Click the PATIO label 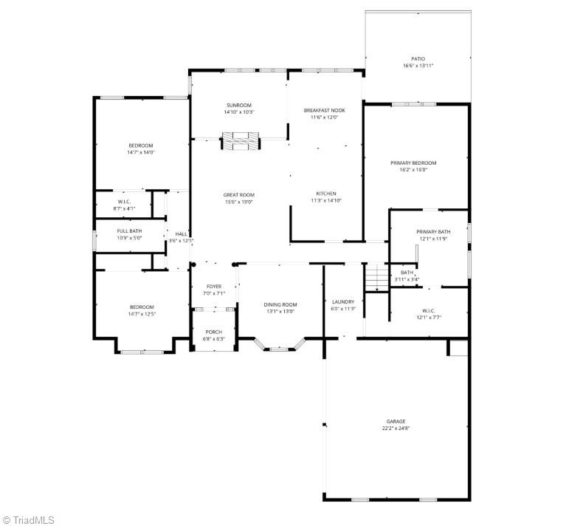point(418,58)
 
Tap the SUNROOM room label point(238,105)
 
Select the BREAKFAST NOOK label point(324,110)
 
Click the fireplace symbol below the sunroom point(241,140)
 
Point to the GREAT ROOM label point(238,195)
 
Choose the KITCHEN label point(326,194)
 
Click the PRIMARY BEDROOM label point(413,163)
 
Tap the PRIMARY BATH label point(432,231)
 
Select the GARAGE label point(396,421)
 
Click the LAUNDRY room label point(343,301)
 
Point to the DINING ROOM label point(280,304)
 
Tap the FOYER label point(214,286)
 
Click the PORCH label point(213,332)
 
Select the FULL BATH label point(129,231)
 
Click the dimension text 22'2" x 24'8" point(396,428)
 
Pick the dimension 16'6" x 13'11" point(418,66)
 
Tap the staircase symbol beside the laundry point(376,277)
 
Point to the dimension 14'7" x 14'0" point(141,152)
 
